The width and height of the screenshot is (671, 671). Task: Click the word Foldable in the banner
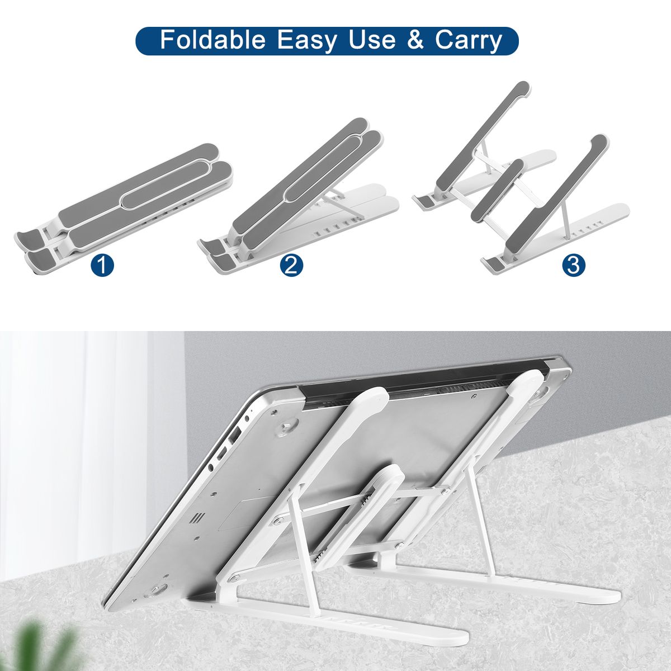pos(212,40)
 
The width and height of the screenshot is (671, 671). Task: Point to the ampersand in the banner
pos(415,40)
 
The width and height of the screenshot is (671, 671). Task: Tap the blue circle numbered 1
pos(102,266)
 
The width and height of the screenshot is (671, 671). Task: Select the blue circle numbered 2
pos(291,266)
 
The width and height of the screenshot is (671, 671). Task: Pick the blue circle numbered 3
pos(574,266)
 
